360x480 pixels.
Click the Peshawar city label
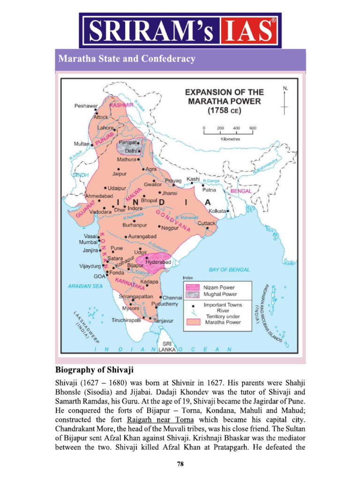[x=86, y=106]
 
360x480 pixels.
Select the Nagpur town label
[x=170, y=228]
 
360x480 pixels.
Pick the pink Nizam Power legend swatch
[x=192, y=287]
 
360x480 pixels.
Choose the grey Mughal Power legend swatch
[x=192, y=295]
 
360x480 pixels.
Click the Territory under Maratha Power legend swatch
[x=192, y=322]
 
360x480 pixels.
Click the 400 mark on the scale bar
[x=237, y=128]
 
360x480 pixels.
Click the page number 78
[x=180, y=464]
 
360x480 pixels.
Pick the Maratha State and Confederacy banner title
[x=126, y=60]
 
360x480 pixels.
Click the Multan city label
[x=82, y=144]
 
